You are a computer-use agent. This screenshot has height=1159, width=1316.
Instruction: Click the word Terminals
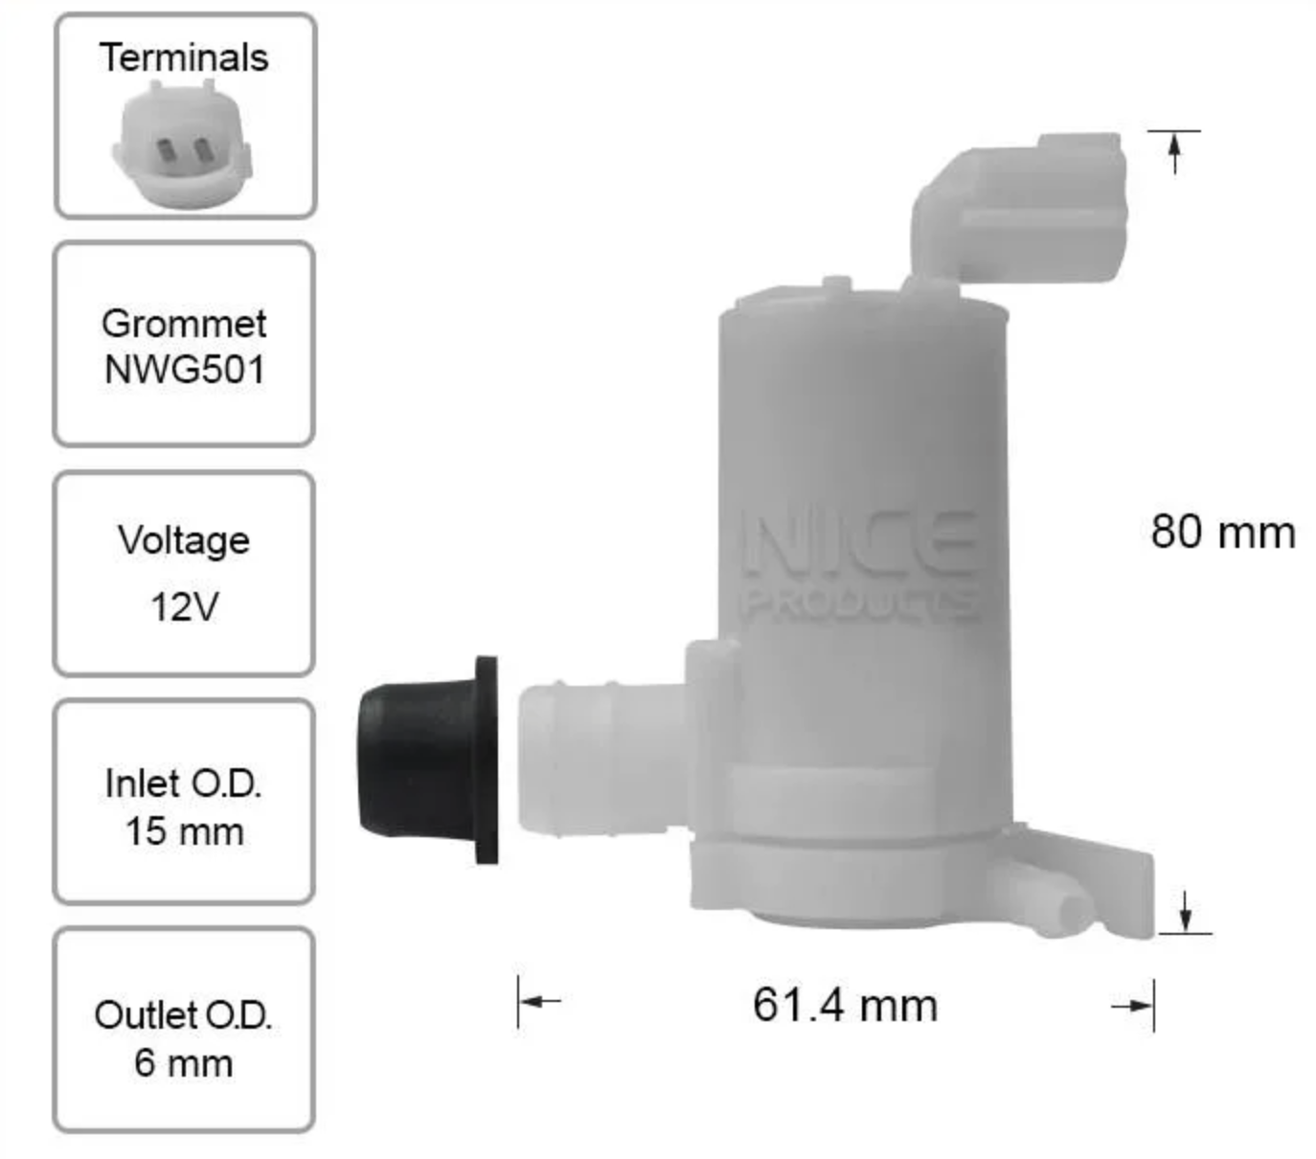[184, 57]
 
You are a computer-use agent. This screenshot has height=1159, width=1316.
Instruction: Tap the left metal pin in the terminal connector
[165, 151]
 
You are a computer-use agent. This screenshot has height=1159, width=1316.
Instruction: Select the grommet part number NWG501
[185, 370]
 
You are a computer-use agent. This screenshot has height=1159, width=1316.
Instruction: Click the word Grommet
[184, 323]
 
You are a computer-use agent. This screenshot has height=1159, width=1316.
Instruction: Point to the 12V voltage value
[185, 606]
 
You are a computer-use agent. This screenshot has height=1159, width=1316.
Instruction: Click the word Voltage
[184, 541]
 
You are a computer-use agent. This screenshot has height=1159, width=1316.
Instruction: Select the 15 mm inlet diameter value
[185, 830]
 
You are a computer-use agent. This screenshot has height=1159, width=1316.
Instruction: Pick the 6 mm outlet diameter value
[184, 1063]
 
